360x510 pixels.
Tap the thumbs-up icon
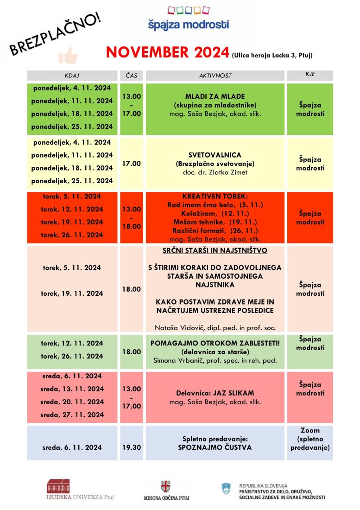click(68, 56)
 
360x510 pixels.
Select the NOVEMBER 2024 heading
click(167, 52)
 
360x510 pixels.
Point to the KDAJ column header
click(73, 75)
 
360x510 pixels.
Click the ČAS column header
click(132, 75)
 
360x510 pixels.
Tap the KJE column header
click(310, 75)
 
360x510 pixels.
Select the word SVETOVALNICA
click(215, 155)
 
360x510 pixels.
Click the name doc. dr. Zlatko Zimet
click(215, 172)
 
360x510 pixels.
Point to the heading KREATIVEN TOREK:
click(215, 196)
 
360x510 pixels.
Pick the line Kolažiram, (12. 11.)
click(215, 213)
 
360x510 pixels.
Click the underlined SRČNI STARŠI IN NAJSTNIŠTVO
click(215, 251)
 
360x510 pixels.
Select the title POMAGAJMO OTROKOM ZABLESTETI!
click(215, 343)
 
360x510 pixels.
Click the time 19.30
click(132, 448)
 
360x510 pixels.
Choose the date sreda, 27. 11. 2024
click(73, 414)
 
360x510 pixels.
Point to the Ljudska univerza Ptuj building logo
click(59, 486)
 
